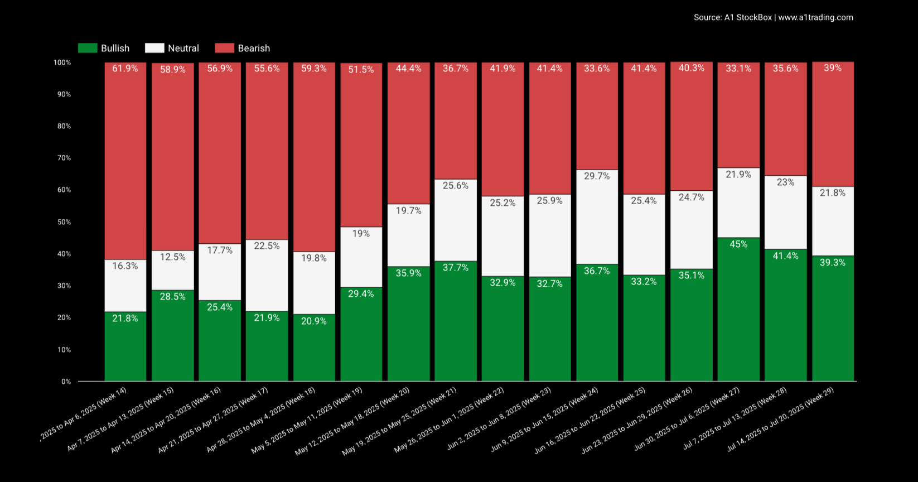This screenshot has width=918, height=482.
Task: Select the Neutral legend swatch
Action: (x=154, y=49)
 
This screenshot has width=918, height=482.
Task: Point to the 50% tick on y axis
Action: (x=64, y=222)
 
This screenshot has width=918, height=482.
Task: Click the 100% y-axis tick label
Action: (x=62, y=62)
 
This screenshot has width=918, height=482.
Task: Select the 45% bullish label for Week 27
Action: (x=738, y=244)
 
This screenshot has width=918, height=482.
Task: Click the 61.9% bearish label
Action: (x=125, y=69)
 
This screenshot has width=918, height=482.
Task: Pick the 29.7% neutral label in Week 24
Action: (x=597, y=176)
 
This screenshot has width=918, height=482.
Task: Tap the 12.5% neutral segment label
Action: (x=173, y=257)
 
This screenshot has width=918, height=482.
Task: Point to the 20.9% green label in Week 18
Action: (x=314, y=321)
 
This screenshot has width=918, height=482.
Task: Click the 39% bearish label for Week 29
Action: (x=833, y=68)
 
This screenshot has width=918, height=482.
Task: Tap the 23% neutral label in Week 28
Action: (x=785, y=182)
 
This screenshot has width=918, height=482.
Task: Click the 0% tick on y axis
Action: (x=66, y=382)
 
